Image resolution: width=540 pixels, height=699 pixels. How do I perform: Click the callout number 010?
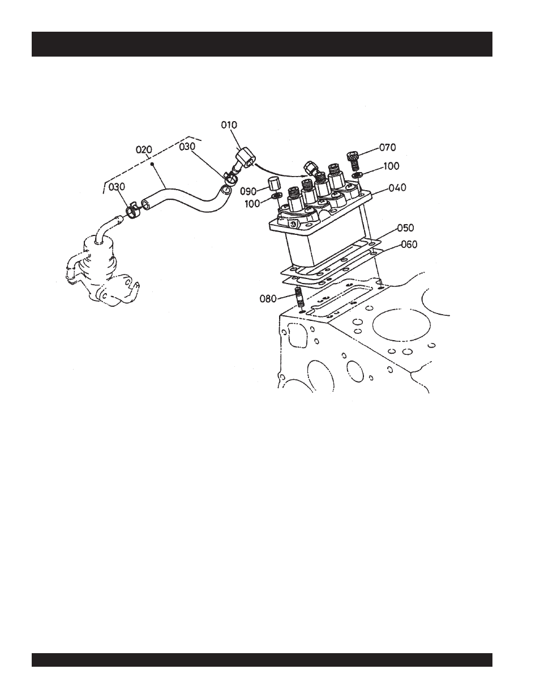229,125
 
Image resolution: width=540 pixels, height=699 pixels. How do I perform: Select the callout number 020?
145,149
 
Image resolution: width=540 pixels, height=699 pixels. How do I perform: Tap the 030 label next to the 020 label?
187,147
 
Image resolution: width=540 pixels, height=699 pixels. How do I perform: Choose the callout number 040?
397,187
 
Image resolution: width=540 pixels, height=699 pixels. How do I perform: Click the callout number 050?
405,228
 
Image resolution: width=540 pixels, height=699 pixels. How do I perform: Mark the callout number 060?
409,245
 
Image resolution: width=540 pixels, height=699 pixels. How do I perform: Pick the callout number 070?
388,148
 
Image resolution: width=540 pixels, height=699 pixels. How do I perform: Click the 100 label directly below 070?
391,166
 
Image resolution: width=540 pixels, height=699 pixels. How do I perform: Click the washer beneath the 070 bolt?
357,175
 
